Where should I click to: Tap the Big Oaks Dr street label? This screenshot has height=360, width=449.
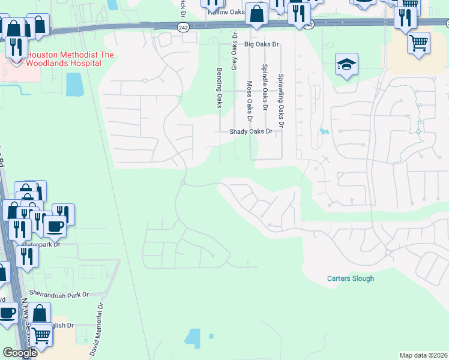click(262, 44)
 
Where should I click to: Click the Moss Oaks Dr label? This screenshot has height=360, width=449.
click(249, 99)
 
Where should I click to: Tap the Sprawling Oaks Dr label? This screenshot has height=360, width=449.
click(279, 96)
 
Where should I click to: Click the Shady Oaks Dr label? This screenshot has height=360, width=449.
click(250, 131)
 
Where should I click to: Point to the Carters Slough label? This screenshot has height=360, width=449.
click(351, 278)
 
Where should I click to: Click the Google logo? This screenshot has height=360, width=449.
click(20, 353)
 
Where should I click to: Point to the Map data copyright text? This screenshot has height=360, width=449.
click(423, 355)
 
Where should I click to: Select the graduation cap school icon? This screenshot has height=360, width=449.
click(346, 64)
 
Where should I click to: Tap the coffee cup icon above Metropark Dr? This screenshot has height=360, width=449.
click(55, 226)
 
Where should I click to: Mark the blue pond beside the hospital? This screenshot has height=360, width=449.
click(74, 85)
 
